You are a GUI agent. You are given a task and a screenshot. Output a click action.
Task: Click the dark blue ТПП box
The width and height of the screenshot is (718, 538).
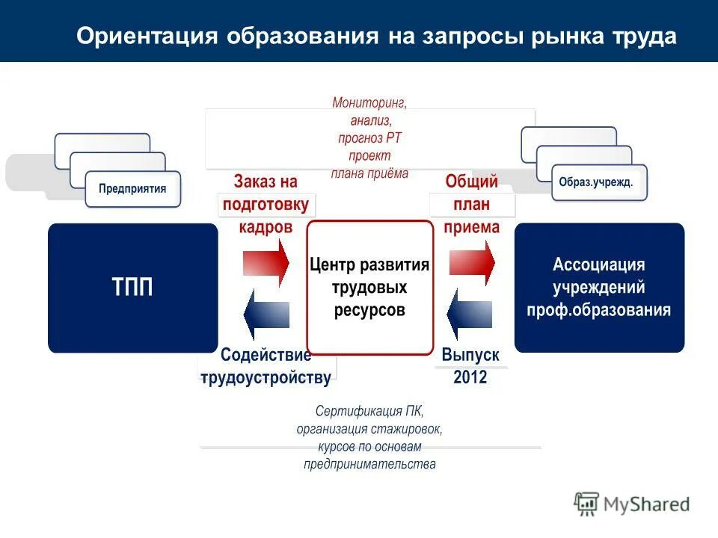pos(133,288)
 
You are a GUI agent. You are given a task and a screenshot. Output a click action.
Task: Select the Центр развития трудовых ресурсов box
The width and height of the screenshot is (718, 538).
pos(369,288)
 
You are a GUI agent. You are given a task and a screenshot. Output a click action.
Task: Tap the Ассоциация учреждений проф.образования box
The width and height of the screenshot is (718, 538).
pos(599,288)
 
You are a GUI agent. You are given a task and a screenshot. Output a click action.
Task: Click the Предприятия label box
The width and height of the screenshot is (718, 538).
pos(132,188)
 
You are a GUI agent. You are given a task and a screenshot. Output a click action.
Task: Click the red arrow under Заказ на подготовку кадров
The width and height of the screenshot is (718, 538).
pos(266,262)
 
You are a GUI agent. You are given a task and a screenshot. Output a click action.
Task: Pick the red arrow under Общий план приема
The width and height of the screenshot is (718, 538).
pos(472,262)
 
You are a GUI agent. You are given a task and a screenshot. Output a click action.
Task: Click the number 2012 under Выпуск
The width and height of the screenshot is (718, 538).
pos(470,377)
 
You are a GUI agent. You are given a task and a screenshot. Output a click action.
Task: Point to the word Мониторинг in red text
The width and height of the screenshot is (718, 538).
pos(369,102)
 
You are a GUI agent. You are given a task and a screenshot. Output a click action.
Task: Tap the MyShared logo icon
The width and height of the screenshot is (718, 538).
pos(587,504)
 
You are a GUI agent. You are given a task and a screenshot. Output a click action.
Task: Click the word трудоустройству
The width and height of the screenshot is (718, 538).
pos(266,377)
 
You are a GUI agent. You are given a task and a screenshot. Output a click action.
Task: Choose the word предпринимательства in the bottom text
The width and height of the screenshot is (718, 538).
pos(369,464)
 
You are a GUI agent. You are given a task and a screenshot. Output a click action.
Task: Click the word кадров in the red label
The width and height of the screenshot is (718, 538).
pos(266,227)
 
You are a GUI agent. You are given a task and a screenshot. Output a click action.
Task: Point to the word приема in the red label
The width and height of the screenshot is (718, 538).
pos(471,227)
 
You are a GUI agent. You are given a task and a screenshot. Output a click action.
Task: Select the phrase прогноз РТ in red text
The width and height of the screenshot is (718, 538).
pos(369,138)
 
